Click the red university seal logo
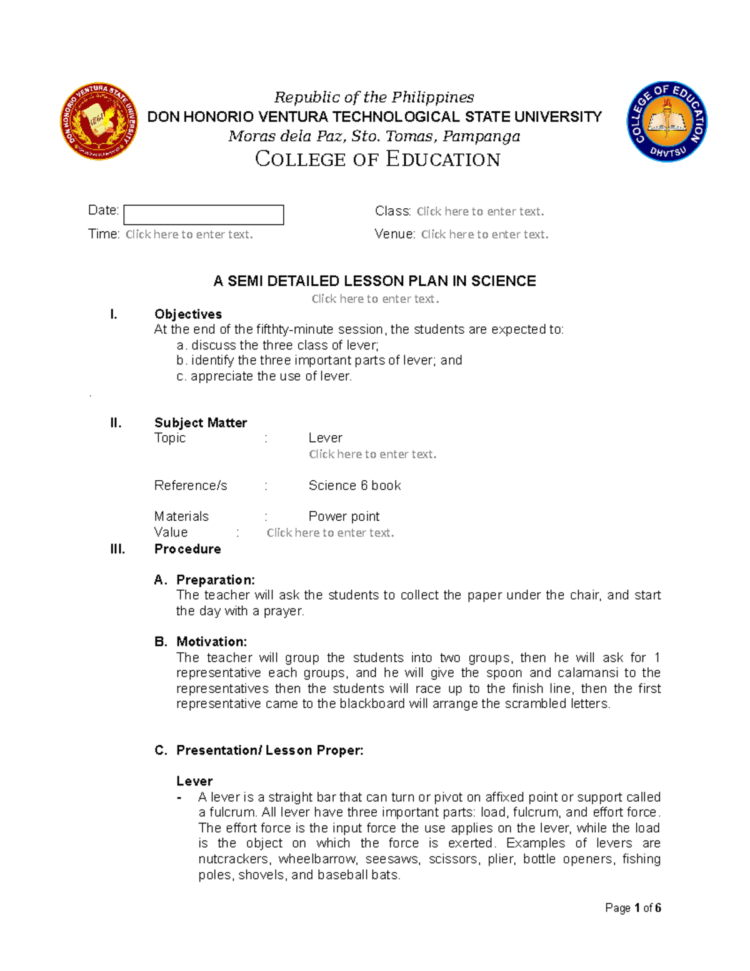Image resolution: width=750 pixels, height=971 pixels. point(99,121)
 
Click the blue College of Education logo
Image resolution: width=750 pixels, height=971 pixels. point(667,121)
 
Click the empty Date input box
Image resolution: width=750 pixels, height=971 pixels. point(204,214)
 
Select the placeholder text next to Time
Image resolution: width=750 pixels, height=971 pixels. point(189,234)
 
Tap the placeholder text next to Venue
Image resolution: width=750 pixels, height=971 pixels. point(484,234)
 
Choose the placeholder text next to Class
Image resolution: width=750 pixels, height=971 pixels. point(480,211)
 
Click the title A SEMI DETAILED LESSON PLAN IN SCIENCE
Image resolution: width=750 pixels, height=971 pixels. point(374,281)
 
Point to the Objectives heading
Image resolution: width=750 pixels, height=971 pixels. point(188,314)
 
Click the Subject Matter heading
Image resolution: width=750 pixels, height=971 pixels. point(201,423)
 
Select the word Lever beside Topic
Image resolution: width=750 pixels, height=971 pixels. point(325,438)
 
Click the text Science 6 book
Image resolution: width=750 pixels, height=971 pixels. point(354,485)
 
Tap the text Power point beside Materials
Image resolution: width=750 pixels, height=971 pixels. point(344,516)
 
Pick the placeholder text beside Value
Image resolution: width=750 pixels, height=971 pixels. point(330,533)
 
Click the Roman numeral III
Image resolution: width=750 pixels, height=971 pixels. point(117,549)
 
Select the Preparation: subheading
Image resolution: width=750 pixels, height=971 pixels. point(215,580)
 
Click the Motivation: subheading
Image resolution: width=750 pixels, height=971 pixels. point(211,641)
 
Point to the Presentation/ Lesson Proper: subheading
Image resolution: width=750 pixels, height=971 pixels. point(269,750)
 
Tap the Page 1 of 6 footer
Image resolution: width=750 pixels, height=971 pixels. point(632,908)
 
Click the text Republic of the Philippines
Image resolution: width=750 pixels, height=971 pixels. point(374,98)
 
